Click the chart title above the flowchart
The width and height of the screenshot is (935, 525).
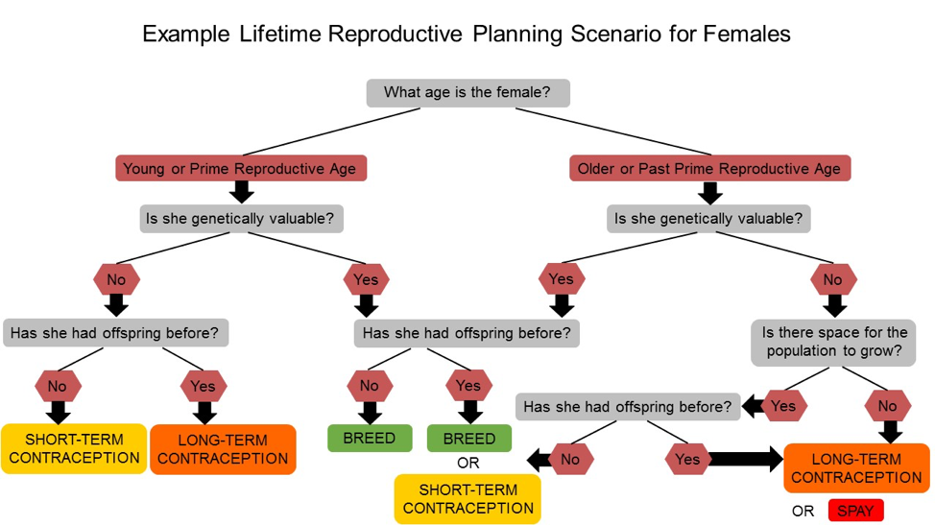[x=467, y=35]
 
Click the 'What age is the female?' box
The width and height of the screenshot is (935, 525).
[x=467, y=92]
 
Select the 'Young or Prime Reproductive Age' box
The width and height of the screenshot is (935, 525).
[x=240, y=169]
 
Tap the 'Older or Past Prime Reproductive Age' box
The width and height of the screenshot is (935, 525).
[x=708, y=169]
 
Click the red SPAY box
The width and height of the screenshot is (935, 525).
[x=854, y=511]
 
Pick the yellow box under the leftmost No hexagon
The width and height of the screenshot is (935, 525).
[x=74, y=448]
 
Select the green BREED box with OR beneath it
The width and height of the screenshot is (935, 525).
[x=468, y=439]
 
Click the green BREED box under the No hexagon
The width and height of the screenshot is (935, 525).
[x=370, y=439]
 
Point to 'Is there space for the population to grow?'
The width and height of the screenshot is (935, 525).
[x=834, y=342]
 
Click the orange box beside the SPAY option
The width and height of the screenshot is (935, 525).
[x=856, y=468]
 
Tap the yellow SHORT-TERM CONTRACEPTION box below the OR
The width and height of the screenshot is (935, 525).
[x=467, y=499]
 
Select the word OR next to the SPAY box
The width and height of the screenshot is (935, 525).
[x=803, y=511]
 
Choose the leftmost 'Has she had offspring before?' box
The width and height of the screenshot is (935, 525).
[x=115, y=333]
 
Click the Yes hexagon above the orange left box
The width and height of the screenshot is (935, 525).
[x=203, y=386]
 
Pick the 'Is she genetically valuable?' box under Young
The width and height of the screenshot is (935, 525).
[x=240, y=219]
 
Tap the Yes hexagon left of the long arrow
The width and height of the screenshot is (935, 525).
[x=687, y=460]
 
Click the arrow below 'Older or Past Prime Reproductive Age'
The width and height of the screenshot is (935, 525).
[x=709, y=193]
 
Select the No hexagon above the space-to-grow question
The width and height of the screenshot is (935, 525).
[x=833, y=280]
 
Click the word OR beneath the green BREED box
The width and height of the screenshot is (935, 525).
[x=468, y=463]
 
